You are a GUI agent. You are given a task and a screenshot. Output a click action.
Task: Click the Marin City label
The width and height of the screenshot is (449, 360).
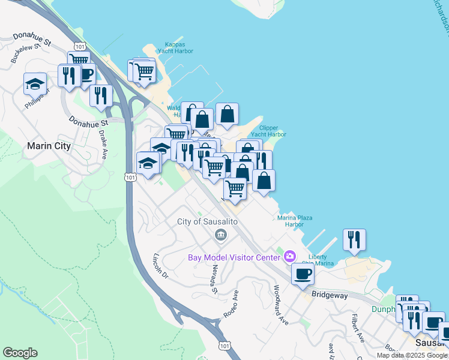click(x=49, y=146)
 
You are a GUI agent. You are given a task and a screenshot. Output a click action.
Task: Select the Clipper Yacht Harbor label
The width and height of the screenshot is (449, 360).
click(x=273, y=131)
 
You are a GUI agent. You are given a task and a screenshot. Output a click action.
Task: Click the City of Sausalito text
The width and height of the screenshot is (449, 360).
click(x=208, y=222)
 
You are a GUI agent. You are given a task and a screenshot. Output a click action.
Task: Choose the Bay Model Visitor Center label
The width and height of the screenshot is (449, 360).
click(x=234, y=258)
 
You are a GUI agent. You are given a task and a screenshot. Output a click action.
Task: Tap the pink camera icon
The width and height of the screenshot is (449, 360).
click(x=291, y=257)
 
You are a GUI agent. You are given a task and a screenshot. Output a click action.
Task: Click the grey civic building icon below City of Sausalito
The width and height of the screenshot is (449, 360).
click(x=221, y=234)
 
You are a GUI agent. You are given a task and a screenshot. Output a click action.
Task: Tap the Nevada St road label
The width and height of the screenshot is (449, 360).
click(x=214, y=281)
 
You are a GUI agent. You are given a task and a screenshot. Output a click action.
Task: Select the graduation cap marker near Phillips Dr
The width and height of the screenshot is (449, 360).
click(x=35, y=83)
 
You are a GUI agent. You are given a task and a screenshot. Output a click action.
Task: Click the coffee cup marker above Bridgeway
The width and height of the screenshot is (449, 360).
click(x=302, y=274)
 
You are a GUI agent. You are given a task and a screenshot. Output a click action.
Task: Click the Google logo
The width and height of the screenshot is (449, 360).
click(x=20, y=353)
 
